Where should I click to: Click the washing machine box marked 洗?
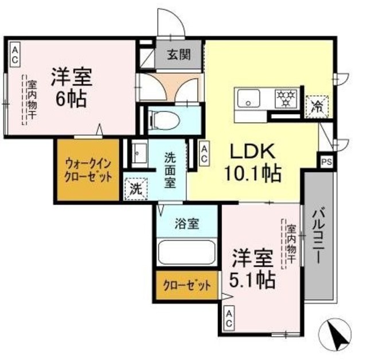135,188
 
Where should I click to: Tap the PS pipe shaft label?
326,162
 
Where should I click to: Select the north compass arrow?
340,336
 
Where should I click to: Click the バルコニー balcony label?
319,235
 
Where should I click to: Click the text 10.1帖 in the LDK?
255,172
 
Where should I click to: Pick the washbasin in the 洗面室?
138,153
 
